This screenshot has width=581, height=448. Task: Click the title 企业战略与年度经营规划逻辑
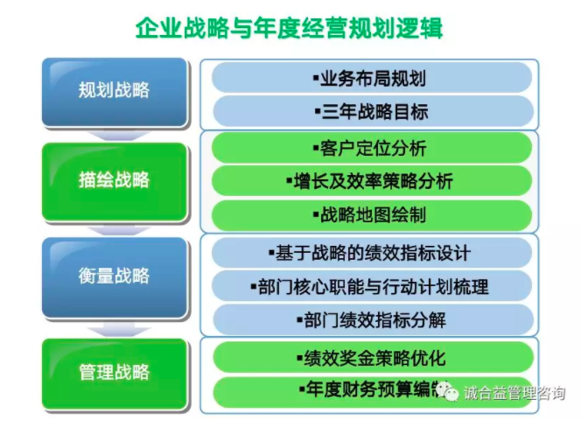pos(289,27)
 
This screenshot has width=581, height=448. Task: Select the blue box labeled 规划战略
pos(115,92)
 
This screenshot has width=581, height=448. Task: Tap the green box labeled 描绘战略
pos(115,182)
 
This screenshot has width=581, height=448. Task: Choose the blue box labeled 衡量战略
pos(115,277)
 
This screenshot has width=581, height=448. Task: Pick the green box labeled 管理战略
pos(115,374)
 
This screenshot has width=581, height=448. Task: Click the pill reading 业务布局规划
pos(372,78)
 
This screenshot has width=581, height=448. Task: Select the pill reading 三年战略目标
pos(373,111)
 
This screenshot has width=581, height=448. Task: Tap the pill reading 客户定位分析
pos(372,148)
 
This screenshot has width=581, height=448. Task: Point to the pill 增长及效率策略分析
pos(372,181)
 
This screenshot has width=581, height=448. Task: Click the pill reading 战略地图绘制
pos(372,215)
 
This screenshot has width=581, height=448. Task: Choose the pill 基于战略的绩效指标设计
pos(372,253)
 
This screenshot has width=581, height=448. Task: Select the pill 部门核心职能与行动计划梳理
pos(372,286)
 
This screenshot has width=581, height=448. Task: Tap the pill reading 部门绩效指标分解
pos(373,319)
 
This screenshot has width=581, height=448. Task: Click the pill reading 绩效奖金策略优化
pos(373,357)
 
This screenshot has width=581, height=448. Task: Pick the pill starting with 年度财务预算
pos(373,392)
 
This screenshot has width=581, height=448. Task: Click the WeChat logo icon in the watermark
pos(447,392)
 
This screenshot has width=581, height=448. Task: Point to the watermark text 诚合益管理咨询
pos(514,393)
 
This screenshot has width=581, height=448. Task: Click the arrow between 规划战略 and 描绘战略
pos(115,136)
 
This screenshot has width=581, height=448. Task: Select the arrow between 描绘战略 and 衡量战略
pos(115,230)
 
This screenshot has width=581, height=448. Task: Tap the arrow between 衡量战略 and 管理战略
pos(115,328)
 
